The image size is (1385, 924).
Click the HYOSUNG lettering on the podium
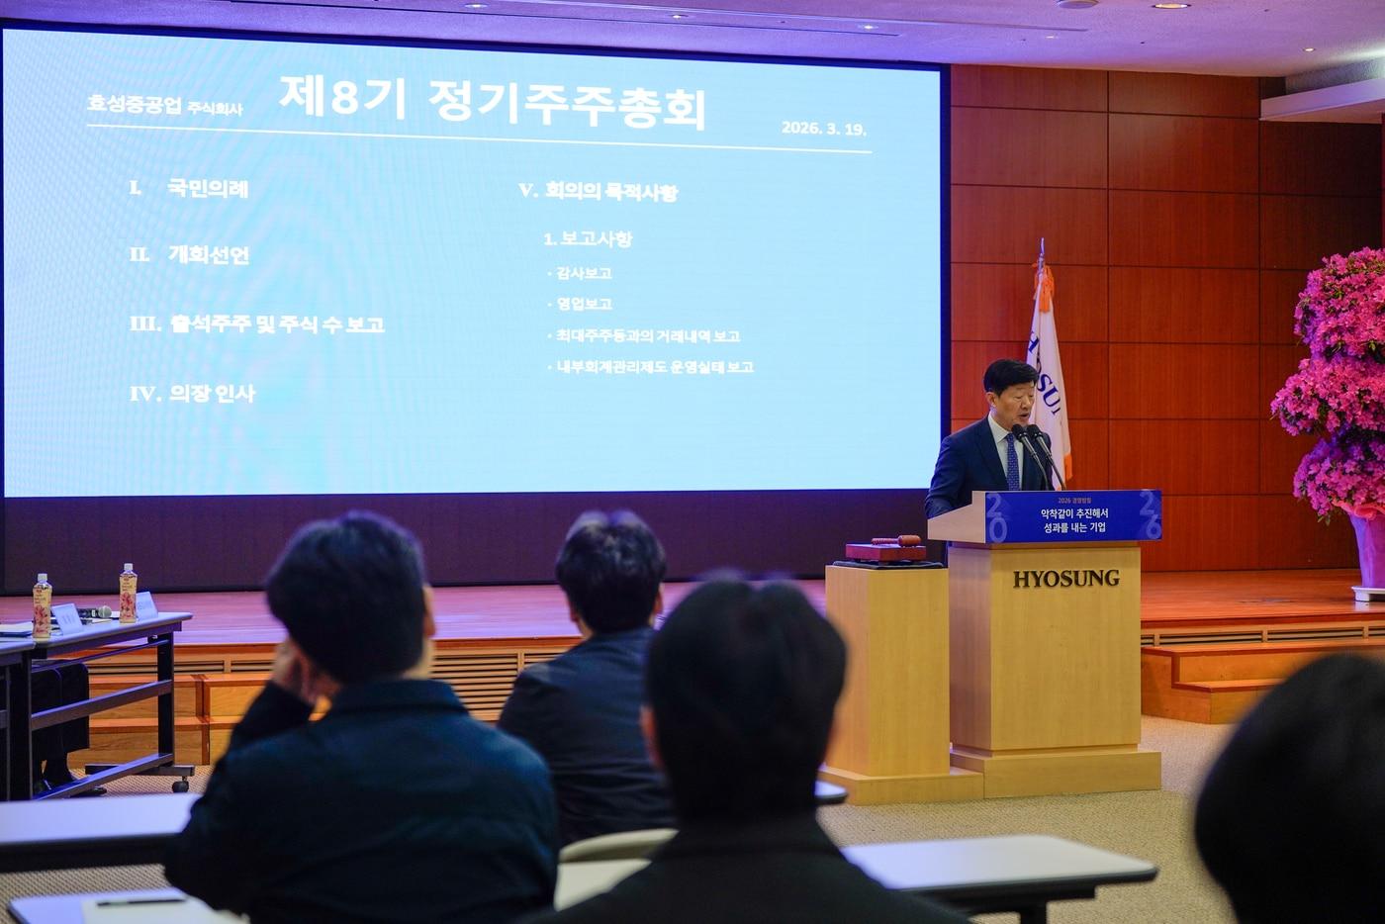(x=1065, y=579)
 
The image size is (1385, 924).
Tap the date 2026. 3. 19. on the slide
(x=823, y=128)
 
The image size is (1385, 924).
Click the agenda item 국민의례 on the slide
(x=208, y=188)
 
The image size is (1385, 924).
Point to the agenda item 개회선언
(x=208, y=255)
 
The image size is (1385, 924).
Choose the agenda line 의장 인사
(x=212, y=394)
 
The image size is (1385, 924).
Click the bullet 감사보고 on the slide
(x=584, y=273)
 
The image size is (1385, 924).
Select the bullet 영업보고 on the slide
(x=584, y=305)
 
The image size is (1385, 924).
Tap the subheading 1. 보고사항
(x=588, y=239)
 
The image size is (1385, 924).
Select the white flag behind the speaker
(x=1047, y=376)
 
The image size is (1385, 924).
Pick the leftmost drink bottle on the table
(x=42, y=605)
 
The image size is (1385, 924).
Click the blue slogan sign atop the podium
(x=1072, y=515)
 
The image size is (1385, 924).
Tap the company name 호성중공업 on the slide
(x=135, y=105)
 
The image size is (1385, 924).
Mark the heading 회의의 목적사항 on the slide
(x=610, y=192)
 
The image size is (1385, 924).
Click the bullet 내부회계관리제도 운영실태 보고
(x=654, y=367)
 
